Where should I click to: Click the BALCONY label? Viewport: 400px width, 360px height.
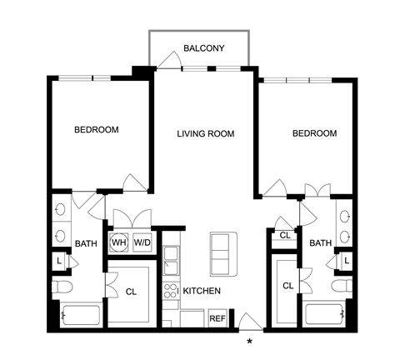(204, 48)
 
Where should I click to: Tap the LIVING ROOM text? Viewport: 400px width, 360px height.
(206, 134)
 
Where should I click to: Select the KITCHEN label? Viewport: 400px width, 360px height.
(202, 291)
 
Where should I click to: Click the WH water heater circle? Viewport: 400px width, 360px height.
(119, 242)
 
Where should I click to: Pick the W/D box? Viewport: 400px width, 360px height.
(142, 242)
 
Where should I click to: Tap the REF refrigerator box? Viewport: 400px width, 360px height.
(217, 318)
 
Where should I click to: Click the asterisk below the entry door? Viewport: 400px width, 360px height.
(250, 342)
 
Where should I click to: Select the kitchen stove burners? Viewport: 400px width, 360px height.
(171, 291)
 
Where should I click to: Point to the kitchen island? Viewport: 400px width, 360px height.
(223, 254)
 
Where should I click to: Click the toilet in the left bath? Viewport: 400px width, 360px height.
(62, 287)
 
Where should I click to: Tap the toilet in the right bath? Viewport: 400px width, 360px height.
(342, 287)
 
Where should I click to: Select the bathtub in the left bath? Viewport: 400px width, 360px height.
(81, 315)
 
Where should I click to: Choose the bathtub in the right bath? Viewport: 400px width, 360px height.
(325, 315)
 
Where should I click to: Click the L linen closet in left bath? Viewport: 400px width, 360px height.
(59, 261)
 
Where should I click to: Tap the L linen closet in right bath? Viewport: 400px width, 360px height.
(346, 261)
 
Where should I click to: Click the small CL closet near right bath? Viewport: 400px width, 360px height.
(285, 236)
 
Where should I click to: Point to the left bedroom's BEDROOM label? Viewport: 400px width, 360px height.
(97, 130)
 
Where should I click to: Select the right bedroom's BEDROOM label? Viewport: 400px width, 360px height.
(315, 133)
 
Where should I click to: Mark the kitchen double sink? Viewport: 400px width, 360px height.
(171, 260)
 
